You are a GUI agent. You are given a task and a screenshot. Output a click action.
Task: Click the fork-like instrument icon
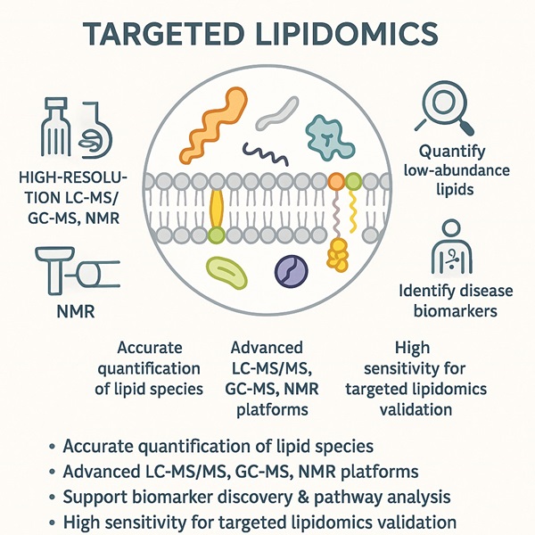54,125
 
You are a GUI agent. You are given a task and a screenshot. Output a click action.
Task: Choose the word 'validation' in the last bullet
411,523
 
